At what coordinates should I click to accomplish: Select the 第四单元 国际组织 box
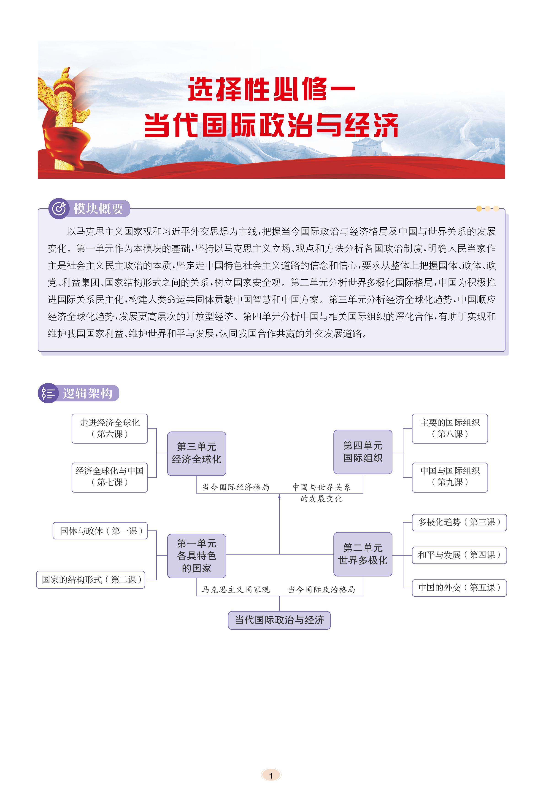[363, 452]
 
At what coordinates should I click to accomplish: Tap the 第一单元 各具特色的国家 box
[196, 556]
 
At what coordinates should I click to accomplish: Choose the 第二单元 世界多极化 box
[363, 554]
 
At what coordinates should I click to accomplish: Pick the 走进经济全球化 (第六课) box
[109, 428]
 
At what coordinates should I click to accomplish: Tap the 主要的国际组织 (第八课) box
[449, 428]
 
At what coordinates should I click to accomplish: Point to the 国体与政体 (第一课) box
[100, 531]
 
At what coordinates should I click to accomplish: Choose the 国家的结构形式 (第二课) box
[91, 580]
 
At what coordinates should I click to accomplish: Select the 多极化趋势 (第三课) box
[459, 522]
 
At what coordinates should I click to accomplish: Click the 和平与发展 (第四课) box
[459, 555]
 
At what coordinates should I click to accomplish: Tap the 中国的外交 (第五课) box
[459, 587]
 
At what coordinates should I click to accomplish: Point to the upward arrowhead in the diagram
[279, 496]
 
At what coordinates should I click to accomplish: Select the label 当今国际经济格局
[236, 487]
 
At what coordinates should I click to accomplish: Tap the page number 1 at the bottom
[271, 775]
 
